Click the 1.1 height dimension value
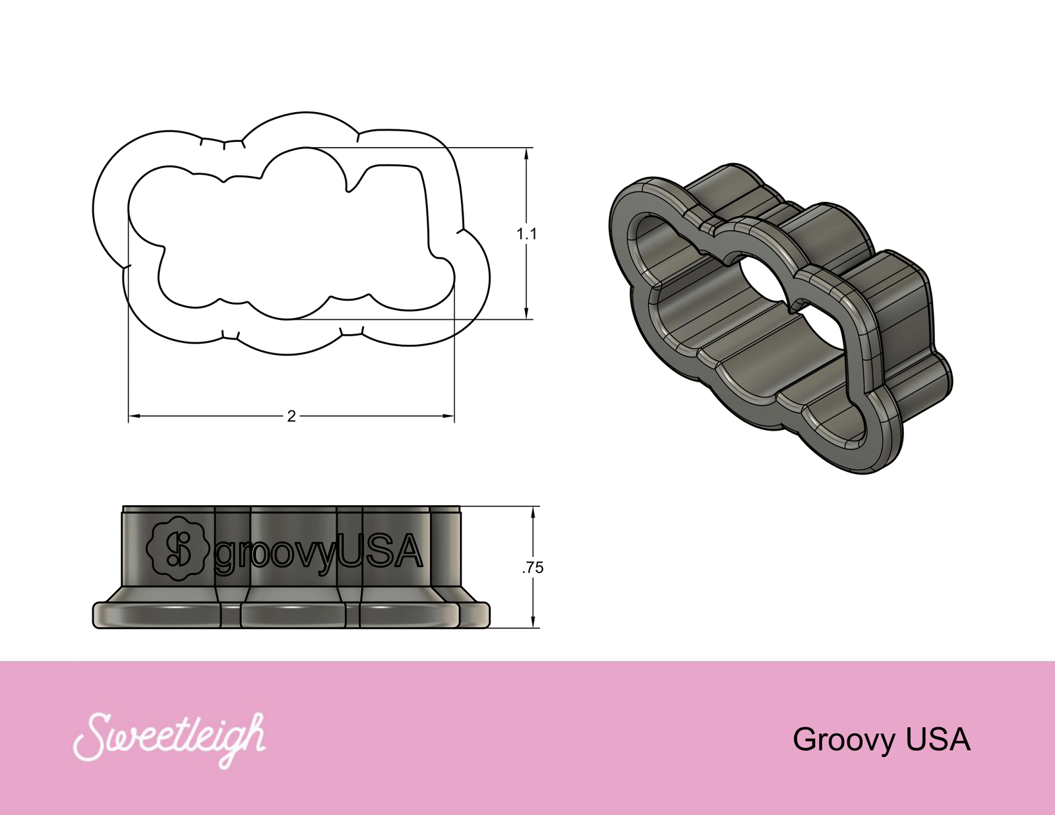pyautogui.click(x=526, y=234)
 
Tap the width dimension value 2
pyautogui.click(x=291, y=416)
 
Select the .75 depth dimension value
pyautogui.click(x=533, y=568)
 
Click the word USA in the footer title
pyautogui.click(x=938, y=740)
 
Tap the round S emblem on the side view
pyautogui.click(x=177, y=549)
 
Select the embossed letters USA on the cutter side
pyautogui.click(x=379, y=551)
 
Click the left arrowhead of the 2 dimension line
pyautogui.click(x=133, y=416)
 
